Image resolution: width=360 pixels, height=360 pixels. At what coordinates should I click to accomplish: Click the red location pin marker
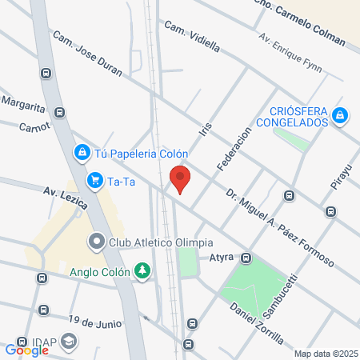[181, 178]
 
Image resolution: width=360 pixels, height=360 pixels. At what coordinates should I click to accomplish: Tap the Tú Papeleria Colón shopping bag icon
[82, 152]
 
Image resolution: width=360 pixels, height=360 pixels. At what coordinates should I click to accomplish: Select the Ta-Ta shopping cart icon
[95, 180]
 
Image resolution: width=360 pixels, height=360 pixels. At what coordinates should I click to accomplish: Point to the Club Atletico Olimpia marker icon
[97, 241]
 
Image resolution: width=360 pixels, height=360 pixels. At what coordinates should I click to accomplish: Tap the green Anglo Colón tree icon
[142, 270]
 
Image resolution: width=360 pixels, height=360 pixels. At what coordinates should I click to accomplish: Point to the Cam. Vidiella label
[191, 36]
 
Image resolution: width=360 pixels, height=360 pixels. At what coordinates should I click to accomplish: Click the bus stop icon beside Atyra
[246, 258]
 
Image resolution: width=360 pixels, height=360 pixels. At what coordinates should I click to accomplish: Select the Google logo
[26, 350]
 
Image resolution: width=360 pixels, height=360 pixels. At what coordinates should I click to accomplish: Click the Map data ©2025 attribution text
[324, 354]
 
